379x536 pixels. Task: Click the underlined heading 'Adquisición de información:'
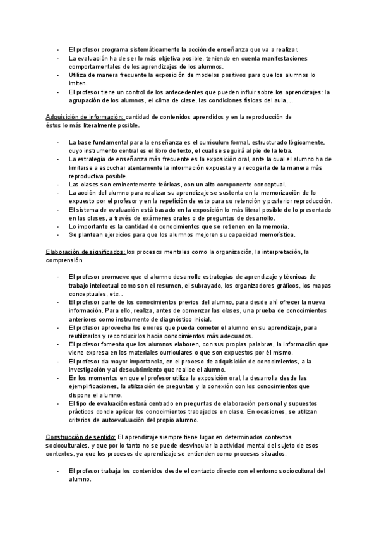86,117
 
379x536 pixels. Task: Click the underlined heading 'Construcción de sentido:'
80,436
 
